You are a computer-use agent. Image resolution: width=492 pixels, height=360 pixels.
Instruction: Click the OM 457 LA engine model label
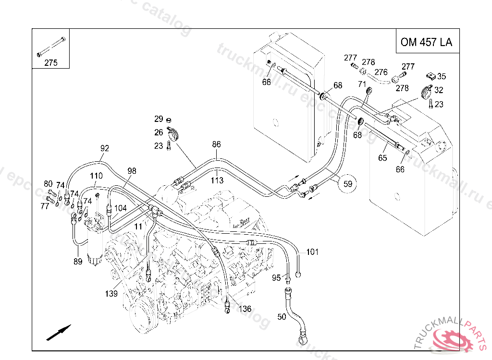[x=426, y=42]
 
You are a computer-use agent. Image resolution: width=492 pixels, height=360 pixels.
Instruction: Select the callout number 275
[x=50, y=62]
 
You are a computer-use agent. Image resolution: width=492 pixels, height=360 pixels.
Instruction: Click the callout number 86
[x=216, y=144]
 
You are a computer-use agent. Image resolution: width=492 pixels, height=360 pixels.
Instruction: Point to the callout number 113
[x=217, y=180]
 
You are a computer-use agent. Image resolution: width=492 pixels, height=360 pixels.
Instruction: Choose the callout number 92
[x=105, y=148]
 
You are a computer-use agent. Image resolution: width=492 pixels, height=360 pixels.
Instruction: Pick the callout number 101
[x=312, y=252]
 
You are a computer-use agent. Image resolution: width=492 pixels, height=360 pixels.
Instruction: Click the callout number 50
[x=282, y=317]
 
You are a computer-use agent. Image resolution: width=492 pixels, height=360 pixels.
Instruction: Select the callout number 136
[x=245, y=309]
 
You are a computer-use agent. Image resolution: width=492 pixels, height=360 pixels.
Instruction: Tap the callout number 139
[x=111, y=294]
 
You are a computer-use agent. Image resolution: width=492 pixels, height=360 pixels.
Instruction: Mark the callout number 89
[x=78, y=262]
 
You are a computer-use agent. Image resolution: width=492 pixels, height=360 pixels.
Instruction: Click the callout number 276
[x=381, y=72]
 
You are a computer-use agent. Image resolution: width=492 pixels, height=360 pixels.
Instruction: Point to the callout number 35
[x=442, y=76]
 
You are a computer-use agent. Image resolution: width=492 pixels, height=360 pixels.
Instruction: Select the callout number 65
[x=382, y=157]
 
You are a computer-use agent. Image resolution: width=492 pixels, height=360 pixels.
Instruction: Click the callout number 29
[x=159, y=119]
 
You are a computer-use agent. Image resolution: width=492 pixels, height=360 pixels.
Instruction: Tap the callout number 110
[x=96, y=176]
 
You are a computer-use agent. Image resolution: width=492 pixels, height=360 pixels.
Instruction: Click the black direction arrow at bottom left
[x=59, y=332]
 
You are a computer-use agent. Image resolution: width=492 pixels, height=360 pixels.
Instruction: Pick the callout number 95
[x=276, y=278]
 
